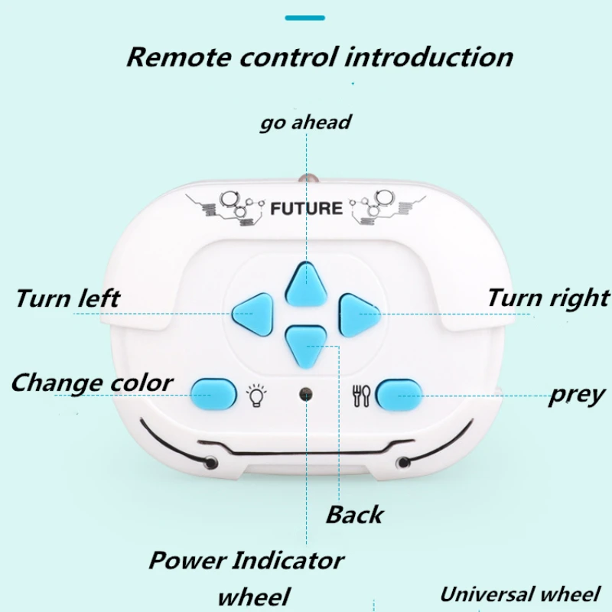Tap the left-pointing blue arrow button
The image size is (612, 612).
pos(253,311)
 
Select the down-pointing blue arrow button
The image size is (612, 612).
pos(307,343)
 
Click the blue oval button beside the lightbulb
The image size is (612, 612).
pos(213,393)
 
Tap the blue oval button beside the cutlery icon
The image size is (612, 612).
pos(399,394)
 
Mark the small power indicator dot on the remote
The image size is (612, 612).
pos(306,394)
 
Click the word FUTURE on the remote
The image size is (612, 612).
pos(306,208)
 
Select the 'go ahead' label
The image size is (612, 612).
pos(305,122)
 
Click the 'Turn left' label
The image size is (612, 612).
pos(67,298)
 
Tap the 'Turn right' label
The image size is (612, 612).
pos(548,298)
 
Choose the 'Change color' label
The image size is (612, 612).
pos(92,382)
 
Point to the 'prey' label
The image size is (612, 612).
pos(577,395)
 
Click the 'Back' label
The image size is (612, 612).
pos(354,514)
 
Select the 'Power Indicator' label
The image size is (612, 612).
pos(246,560)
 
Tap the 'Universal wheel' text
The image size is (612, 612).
pos(520,594)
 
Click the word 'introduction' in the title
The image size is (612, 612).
pos(428,57)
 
